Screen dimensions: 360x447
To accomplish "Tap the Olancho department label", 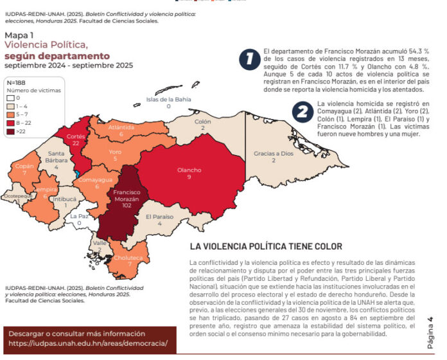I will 189,173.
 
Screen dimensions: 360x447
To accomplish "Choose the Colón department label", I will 202,125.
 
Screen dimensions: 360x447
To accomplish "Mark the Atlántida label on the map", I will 121,130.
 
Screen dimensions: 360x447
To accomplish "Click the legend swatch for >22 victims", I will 11,131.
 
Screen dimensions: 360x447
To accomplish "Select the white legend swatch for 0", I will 11,98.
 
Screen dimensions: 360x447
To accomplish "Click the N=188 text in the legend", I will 18,82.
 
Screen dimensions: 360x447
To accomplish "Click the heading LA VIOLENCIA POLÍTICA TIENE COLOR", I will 266,246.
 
